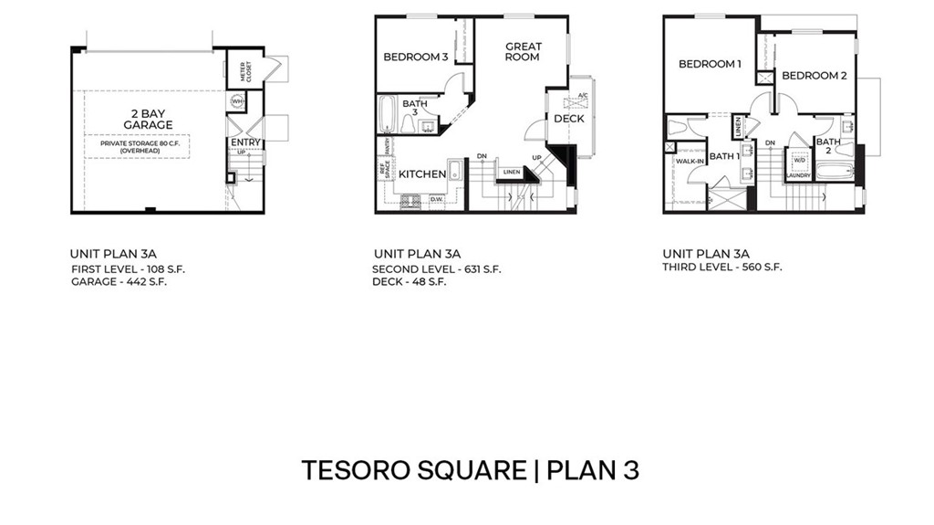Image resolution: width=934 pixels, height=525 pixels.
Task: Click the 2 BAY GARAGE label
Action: point(148,119)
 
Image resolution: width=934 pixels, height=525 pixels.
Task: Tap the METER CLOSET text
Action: point(244,73)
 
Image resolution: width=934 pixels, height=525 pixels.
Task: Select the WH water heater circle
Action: point(237,101)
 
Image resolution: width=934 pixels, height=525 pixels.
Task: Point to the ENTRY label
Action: point(245,142)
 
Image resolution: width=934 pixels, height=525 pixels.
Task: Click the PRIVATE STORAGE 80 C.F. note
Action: point(139,146)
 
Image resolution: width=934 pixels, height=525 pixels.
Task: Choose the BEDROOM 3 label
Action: point(415,57)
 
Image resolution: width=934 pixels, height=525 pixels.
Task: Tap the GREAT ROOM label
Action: point(523,51)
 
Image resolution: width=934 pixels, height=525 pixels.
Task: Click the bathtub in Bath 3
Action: point(386,115)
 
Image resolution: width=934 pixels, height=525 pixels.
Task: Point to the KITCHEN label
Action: point(421,174)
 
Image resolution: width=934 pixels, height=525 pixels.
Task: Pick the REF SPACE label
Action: point(384,170)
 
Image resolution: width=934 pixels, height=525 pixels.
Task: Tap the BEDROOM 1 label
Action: point(710,64)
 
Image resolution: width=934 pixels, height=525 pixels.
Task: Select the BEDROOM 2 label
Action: point(815,76)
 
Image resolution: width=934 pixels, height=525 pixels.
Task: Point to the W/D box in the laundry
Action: point(799,160)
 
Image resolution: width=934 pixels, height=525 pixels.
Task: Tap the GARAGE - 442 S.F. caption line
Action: point(119,282)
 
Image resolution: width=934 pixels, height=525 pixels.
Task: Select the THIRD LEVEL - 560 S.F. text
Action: point(722,268)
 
